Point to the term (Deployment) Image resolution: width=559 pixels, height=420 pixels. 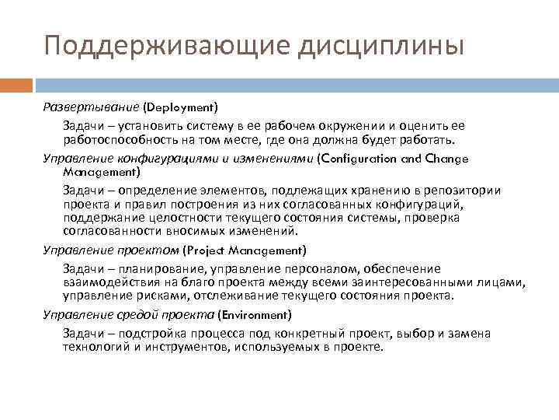[181, 106]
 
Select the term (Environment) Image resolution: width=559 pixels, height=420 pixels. [255, 314]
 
